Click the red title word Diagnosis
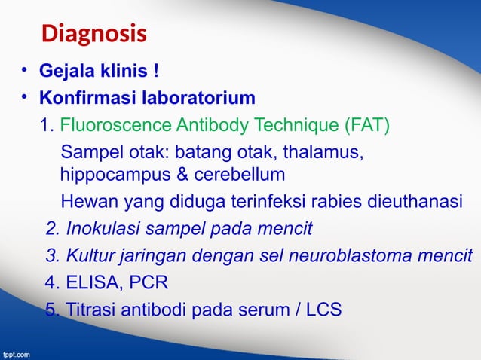[x=93, y=35]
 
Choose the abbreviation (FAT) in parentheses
[x=366, y=124]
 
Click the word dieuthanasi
[x=419, y=202]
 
